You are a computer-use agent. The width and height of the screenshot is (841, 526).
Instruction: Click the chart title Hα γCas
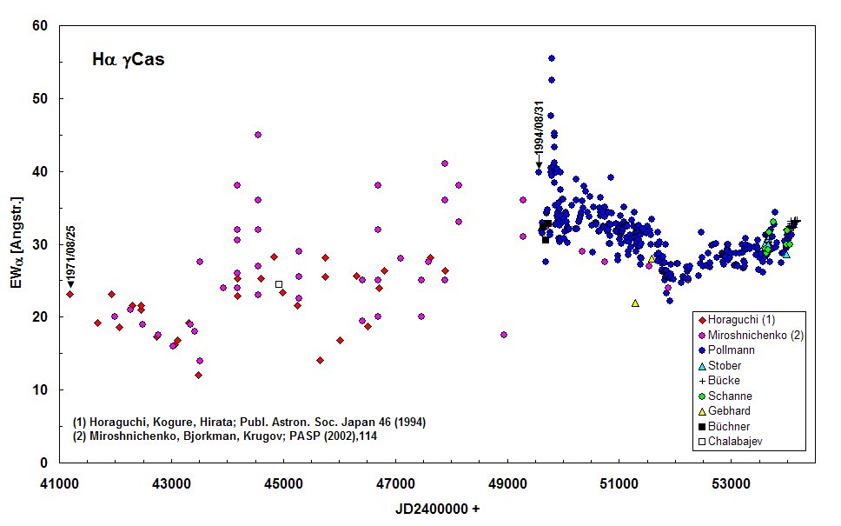click(129, 60)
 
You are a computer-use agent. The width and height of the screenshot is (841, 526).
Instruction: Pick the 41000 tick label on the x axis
click(58, 480)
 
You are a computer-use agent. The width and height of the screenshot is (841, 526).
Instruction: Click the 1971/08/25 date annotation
click(70, 253)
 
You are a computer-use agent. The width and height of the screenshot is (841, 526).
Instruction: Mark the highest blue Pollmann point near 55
click(551, 58)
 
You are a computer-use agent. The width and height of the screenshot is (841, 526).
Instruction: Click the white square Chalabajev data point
click(279, 284)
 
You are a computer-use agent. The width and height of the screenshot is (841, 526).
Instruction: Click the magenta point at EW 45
click(258, 135)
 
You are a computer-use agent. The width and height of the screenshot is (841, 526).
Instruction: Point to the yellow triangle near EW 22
click(635, 303)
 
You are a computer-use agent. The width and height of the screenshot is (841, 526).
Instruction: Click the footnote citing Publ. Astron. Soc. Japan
click(248, 422)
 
